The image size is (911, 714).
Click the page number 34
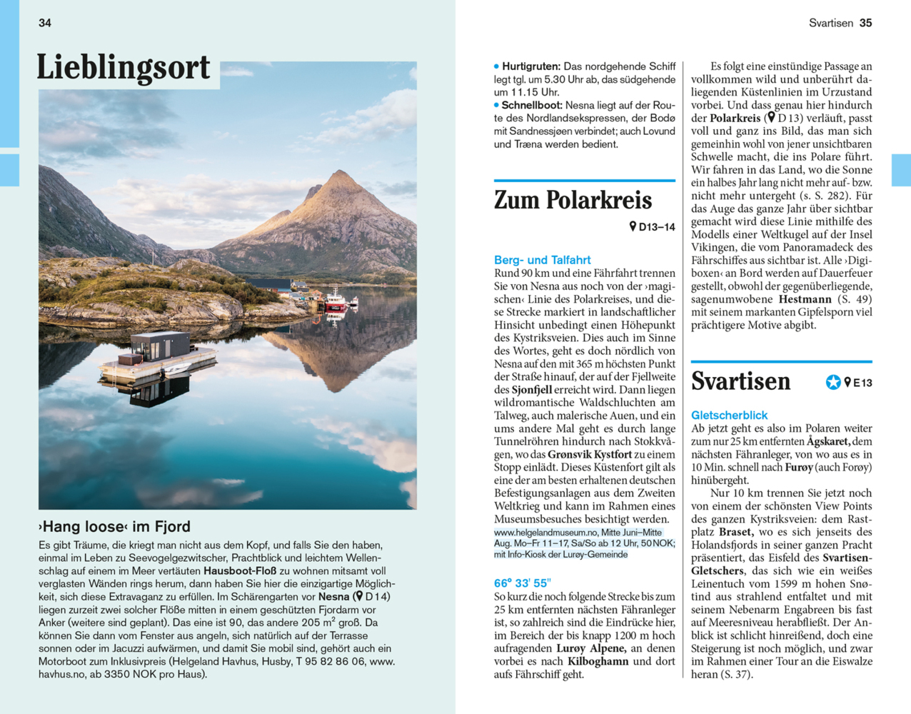[45, 23]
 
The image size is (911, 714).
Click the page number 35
[865, 23]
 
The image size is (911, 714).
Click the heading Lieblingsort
[124, 68]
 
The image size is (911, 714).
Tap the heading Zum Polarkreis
[573, 200]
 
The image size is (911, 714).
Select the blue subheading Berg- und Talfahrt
[542, 260]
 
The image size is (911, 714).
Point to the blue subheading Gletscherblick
[729, 415]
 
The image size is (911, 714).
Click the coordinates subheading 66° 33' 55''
[522, 583]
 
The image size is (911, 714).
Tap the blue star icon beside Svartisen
[832, 383]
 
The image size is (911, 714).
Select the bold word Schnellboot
[531, 105]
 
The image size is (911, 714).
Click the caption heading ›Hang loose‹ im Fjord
[114, 526]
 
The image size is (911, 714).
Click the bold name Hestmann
[805, 299]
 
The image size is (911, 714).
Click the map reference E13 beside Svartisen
[862, 383]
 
